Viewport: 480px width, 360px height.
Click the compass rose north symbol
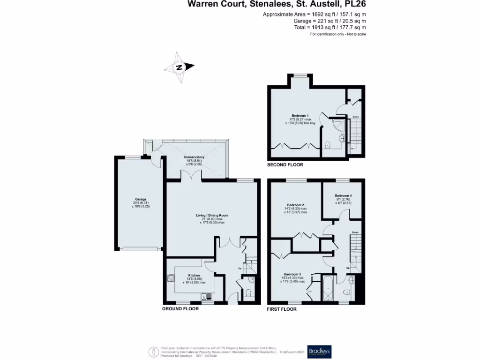tap(179, 67)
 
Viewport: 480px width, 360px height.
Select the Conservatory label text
tap(194, 157)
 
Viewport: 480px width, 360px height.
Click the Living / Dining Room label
tap(212, 216)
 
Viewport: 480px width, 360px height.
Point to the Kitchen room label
tap(194, 276)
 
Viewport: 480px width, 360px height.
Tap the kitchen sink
tap(205, 296)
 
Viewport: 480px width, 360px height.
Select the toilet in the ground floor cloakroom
tap(248, 293)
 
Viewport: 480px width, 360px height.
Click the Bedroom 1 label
tap(300, 116)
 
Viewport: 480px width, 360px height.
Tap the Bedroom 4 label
tap(343, 195)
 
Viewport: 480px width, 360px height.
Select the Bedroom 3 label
tap(292, 274)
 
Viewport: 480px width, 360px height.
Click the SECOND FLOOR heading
tap(285, 165)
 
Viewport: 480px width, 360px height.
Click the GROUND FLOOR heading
tap(180, 309)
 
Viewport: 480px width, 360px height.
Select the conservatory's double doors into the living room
tap(191, 176)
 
